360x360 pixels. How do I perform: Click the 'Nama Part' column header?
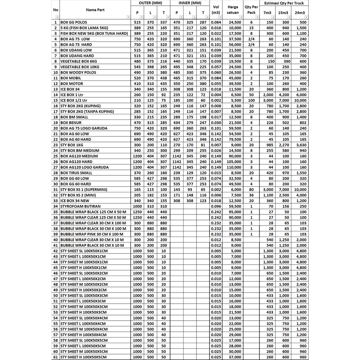95,10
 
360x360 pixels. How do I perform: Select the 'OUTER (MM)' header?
150,3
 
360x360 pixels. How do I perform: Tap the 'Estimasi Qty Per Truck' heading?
284,3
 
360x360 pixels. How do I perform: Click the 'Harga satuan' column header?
233,9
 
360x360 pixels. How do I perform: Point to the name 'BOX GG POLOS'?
74,22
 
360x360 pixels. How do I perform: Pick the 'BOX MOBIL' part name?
71,78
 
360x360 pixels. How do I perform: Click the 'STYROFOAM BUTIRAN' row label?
81,206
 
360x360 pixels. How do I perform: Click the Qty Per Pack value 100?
251,101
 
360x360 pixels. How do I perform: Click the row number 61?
56,357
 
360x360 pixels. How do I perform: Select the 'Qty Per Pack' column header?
251,9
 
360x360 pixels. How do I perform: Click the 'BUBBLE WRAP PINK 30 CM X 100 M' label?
92,234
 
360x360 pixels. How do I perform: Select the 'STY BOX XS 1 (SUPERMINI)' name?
84,189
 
